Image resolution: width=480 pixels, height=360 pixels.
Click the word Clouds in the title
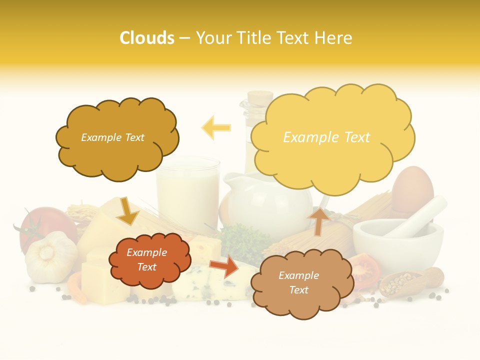pos(147,38)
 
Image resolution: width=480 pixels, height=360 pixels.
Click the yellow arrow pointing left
pos(216,127)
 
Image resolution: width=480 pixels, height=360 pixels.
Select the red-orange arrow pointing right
pos(224,266)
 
